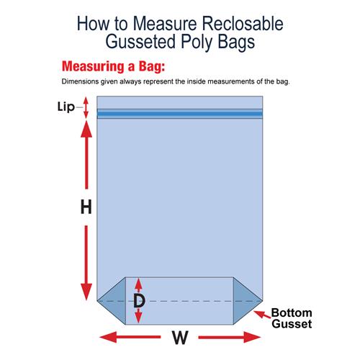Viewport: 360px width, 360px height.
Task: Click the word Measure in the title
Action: pyautogui.click(x=165, y=24)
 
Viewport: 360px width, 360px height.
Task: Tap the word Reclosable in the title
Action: pyautogui.click(x=243, y=24)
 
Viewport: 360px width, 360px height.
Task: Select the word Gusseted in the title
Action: pyautogui.click(x=140, y=42)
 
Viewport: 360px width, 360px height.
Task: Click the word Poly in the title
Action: pyautogui.click(x=197, y=42)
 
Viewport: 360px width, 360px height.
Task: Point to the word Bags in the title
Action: pyautogui.click(x=236, y=42)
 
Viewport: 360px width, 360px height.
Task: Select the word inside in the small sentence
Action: pyautogui.click(x=197, y=81)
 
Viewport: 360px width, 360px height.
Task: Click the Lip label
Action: pyautogui.click(x=66, y=107)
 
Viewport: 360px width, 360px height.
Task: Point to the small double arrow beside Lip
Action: pyautogui.click(x=86, y=107)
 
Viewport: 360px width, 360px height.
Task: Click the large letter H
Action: pyautogui.click(x=86, y=207)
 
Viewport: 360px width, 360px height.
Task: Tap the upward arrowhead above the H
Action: pyautogui.click(x=86, y=129)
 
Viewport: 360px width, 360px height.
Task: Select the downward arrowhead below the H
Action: pyautogui.click(x=86, y=292)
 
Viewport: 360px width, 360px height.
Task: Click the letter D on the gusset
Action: pyautogui.click(x=139, y=301)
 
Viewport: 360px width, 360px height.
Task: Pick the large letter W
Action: pyautogui.click(x=180, y=338)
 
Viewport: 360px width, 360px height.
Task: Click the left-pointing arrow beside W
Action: pyautogui.click(x=130, y=337)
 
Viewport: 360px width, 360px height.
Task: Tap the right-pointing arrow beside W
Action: pyautogui.click(x=230, y=337)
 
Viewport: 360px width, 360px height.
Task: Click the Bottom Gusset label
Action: pyautogui.click(x=292, y=318)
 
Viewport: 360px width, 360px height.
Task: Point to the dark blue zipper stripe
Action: pyautogui.click(x=180, y=114)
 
